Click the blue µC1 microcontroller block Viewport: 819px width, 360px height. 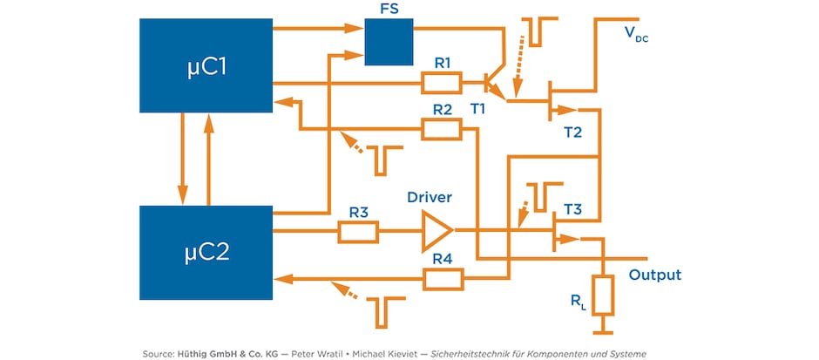tap(206, 65)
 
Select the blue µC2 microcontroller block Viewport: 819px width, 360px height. tap(206, 252)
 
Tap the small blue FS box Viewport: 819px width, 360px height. tap(388, 42)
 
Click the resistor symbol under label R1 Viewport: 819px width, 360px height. tap(442, 83)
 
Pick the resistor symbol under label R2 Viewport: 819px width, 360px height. tap(442, 129)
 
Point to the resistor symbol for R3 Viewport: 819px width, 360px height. tap(357, 232)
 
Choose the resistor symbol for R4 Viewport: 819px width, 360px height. tap(442, 279)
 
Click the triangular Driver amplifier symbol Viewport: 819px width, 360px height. tap(437, 232)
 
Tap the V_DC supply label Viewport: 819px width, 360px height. tap(636, 35)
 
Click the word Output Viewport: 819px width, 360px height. tap(654, 275)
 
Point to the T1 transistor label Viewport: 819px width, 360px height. tap(478, 108)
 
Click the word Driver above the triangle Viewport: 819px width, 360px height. tap(430, 198)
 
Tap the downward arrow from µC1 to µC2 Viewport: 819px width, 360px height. tap(182, 159)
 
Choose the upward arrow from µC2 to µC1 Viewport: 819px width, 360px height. tap(208, 159)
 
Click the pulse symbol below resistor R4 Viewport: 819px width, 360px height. tap(383, 306)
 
